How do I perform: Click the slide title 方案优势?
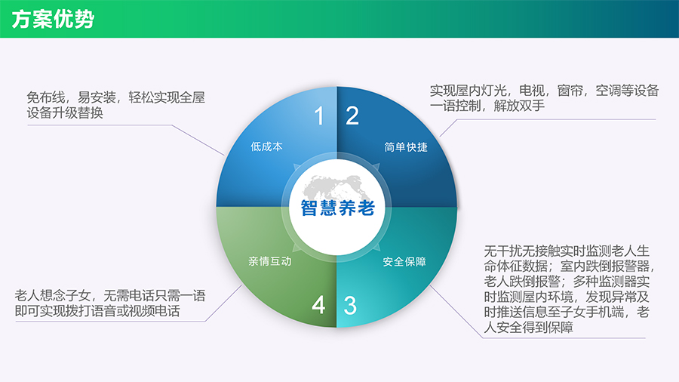click(53, 19)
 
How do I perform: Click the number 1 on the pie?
click(319, 116)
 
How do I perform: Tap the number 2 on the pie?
click(352, 116)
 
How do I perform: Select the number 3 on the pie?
click(350, 306)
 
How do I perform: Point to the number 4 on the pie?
click(318, 305)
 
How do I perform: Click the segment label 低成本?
click(267, 146)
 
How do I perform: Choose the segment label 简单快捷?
click(406, 147)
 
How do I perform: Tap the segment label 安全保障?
click(404, 262)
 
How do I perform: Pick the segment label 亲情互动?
click(270, 261)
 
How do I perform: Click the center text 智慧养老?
click(337, 208)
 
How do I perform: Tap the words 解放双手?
click(519, 106)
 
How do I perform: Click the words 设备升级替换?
click(65, 112)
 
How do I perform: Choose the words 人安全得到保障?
click(529, 327)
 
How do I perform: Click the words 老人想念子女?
click(53, 296)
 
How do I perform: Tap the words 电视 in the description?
click(532, 91)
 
